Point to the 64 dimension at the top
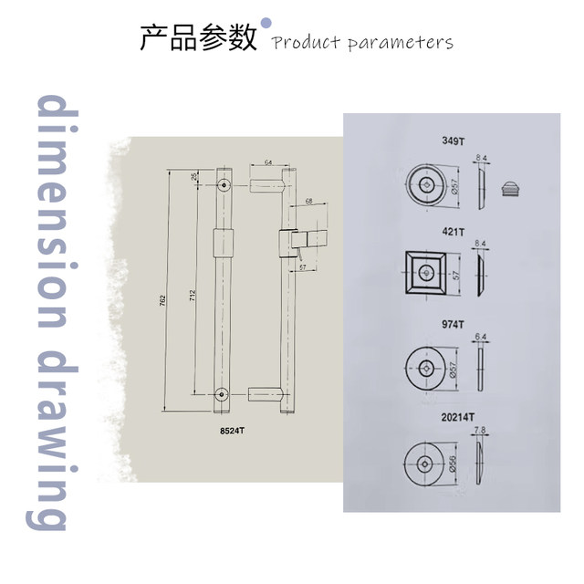pos(268,162)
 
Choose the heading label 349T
pos(452,141)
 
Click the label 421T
pos(452,231)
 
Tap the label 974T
pos(452,322)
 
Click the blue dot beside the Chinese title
pos(266,22)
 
